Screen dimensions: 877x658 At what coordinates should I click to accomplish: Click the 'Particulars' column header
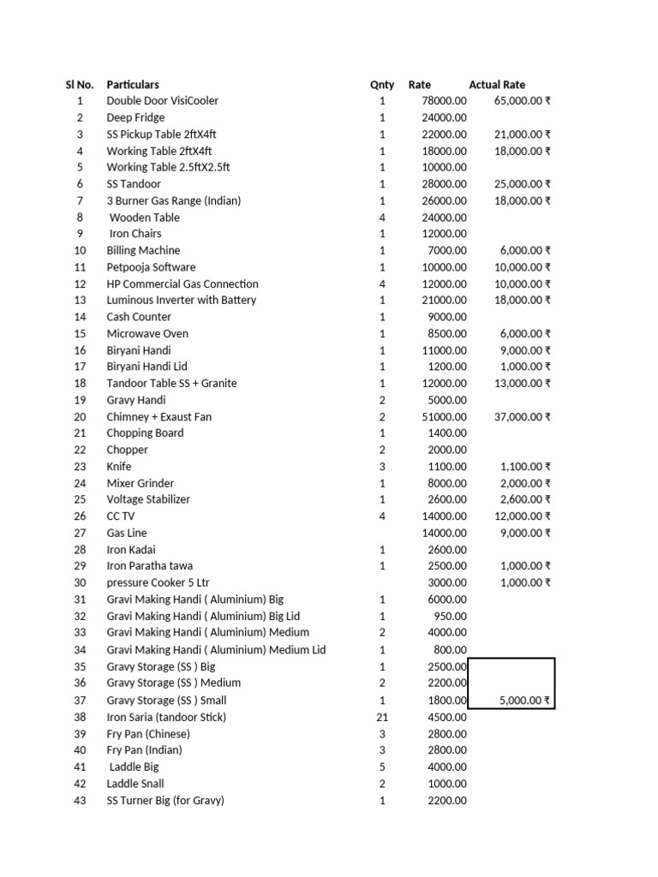tap(132, 85)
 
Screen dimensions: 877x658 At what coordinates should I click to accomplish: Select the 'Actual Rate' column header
tap(497, 85)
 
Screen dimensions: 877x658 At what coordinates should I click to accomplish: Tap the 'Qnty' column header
tap(382, 85)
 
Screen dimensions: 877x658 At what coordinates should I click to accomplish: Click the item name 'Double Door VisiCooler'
tap(162, 101)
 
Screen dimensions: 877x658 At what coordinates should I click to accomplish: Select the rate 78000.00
tap(445, 101)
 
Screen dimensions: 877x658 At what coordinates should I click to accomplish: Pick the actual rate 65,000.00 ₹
tap(523, 101)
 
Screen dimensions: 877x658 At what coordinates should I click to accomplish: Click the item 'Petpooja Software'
tap(151, 267)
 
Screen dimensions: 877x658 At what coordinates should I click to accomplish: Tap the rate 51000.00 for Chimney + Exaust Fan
tap(445, 417)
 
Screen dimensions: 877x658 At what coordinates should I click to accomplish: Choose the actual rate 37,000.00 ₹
tap(523, 417)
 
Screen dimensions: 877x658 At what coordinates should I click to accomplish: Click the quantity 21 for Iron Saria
tap(382, 718)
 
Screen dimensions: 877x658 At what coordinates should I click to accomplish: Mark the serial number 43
tap(80, 801)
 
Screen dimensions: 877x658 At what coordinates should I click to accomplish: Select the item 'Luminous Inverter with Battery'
tap(181, 301)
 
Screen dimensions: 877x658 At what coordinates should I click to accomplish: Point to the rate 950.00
tap(451, 617)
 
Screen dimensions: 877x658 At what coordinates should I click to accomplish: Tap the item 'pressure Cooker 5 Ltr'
tap(158, 583)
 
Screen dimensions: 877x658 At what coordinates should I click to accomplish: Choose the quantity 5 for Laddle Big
tap(382, 767)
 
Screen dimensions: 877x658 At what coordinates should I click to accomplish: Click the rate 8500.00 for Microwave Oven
tap(447, 334)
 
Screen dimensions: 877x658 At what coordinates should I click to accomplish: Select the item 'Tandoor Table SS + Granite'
tap(171, 384)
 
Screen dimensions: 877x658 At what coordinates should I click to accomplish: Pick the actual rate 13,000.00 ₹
tap(523, 384)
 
